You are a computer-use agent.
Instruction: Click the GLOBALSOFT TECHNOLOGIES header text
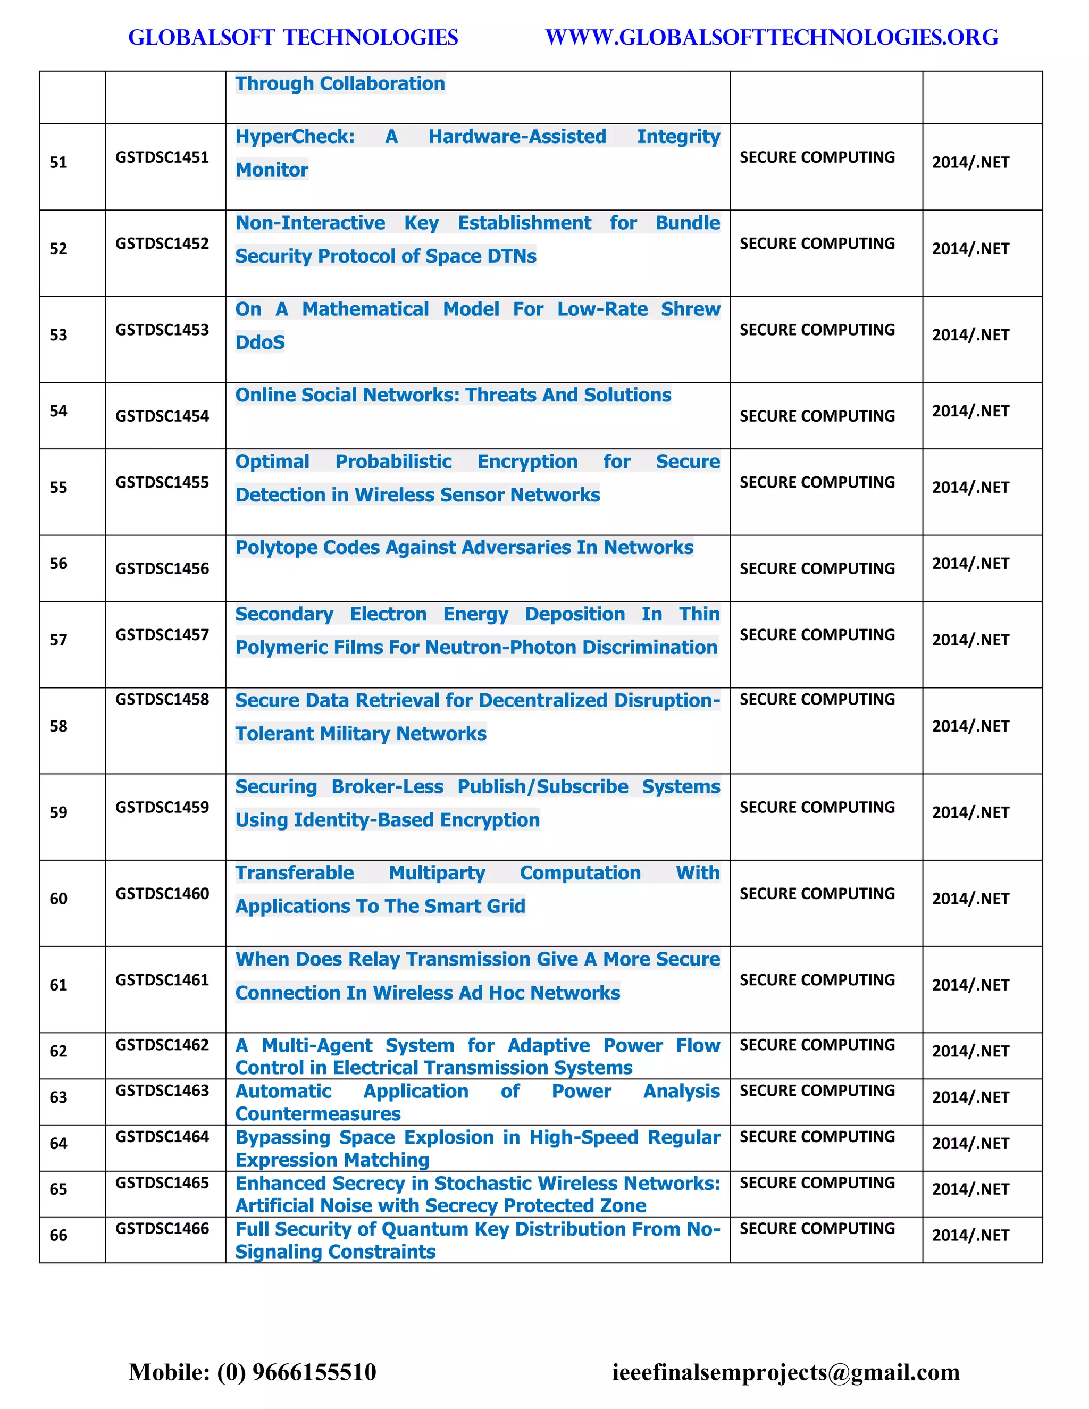293,37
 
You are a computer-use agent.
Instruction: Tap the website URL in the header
772,37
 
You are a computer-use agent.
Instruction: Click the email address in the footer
786,1372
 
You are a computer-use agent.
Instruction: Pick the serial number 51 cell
58,162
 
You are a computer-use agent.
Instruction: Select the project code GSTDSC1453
162,330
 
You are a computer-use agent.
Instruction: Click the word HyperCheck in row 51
295,137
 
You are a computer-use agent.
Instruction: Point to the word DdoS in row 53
260,342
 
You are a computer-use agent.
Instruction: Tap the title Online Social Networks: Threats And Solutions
453,395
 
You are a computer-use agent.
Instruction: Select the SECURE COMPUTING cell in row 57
817,635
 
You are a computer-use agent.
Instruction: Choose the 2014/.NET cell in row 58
970,726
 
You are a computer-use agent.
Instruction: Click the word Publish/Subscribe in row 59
542,786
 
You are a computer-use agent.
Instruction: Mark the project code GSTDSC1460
162,894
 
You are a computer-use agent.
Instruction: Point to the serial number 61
58,985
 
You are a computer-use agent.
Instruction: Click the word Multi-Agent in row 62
317,1045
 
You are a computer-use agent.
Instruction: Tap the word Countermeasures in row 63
318,1113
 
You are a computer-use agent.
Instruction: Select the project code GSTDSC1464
162,1137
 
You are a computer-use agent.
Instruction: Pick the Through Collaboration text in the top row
340,84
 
